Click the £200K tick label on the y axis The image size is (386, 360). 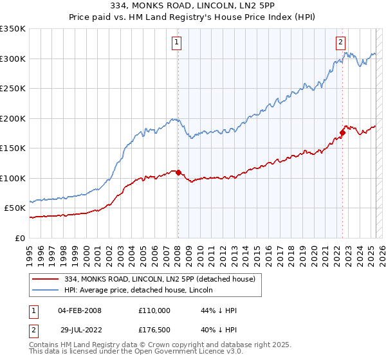[x=13, y=118]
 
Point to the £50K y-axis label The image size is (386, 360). [x=15, y=208]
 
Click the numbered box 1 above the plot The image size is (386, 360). [x=176, y=43]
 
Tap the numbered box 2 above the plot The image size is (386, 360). [x=340, y=43]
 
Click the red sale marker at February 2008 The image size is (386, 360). [x=178, y=172]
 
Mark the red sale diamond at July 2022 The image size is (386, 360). [x=342, y=132]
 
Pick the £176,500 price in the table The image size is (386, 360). [x=154, y=330]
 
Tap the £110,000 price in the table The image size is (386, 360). [x=154, y=310]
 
